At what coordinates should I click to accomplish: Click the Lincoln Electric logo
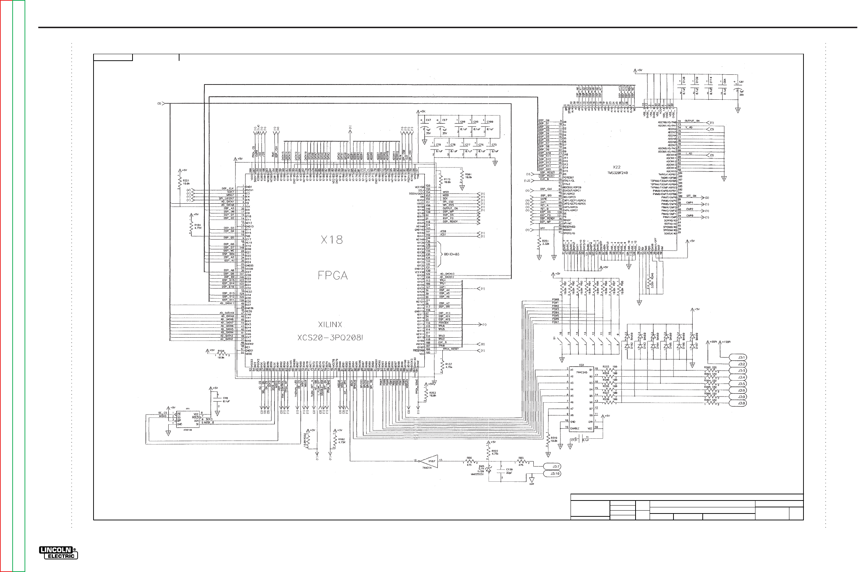click(58, 552)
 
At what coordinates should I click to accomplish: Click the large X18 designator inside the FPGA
click(331, 240)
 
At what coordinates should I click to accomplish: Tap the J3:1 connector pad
click(738, 357)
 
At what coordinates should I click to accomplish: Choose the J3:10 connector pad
click(552, 473)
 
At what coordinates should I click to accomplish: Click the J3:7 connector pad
click(552, 466)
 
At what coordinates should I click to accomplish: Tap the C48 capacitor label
click(225, 398)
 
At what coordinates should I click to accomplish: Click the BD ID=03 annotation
click(452, 254)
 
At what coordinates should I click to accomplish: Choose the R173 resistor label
click(447, 179)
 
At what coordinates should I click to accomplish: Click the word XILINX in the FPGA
click(330, 324)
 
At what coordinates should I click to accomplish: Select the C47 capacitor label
click(428, 120)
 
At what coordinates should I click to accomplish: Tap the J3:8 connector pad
click(738, 403)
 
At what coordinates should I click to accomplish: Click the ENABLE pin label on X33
click(575, 428)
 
